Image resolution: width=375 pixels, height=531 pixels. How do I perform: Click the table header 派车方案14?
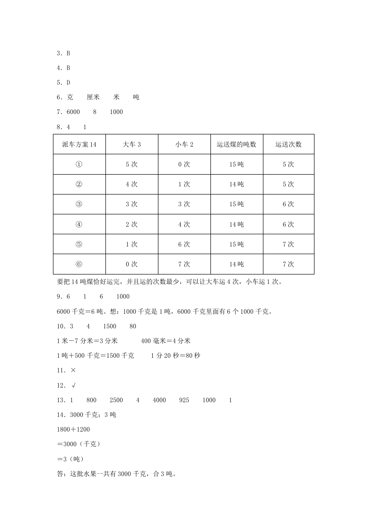click(79, 144)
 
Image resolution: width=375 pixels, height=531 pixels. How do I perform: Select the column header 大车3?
click(131, 144)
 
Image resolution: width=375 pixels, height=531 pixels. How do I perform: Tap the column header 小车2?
click(184, 144)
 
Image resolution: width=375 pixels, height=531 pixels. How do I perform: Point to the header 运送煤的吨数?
click(236, 144)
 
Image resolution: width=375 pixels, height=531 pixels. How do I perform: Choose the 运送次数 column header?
click(288, 144)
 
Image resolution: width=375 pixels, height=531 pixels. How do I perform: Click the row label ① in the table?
click(79, 164)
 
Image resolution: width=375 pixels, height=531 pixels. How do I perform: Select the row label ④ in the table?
click(79, 224)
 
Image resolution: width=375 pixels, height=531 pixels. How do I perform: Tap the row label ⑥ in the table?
click(79, 264)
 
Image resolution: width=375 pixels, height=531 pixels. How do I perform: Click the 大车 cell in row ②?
click(131, 184)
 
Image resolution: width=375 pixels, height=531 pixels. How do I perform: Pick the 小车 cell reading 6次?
click(184, 244)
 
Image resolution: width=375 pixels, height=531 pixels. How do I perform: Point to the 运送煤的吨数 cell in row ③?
click(236, 204)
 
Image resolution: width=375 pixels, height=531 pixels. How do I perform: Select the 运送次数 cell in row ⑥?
click(288, 264)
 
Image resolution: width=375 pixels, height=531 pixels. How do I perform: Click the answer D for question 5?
click(68, 82)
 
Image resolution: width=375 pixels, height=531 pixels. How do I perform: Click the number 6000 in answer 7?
click(73, 112)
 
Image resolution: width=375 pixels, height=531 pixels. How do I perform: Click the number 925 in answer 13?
click(184, 400)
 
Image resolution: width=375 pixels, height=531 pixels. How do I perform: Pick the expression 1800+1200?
click(73, 429)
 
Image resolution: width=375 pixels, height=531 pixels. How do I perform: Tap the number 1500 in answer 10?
click(109, 326)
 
